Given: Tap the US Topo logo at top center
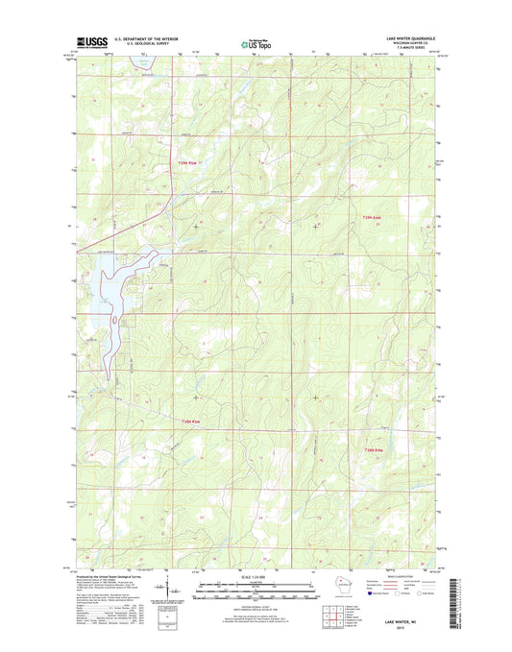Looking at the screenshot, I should click(x=256, y=42).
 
